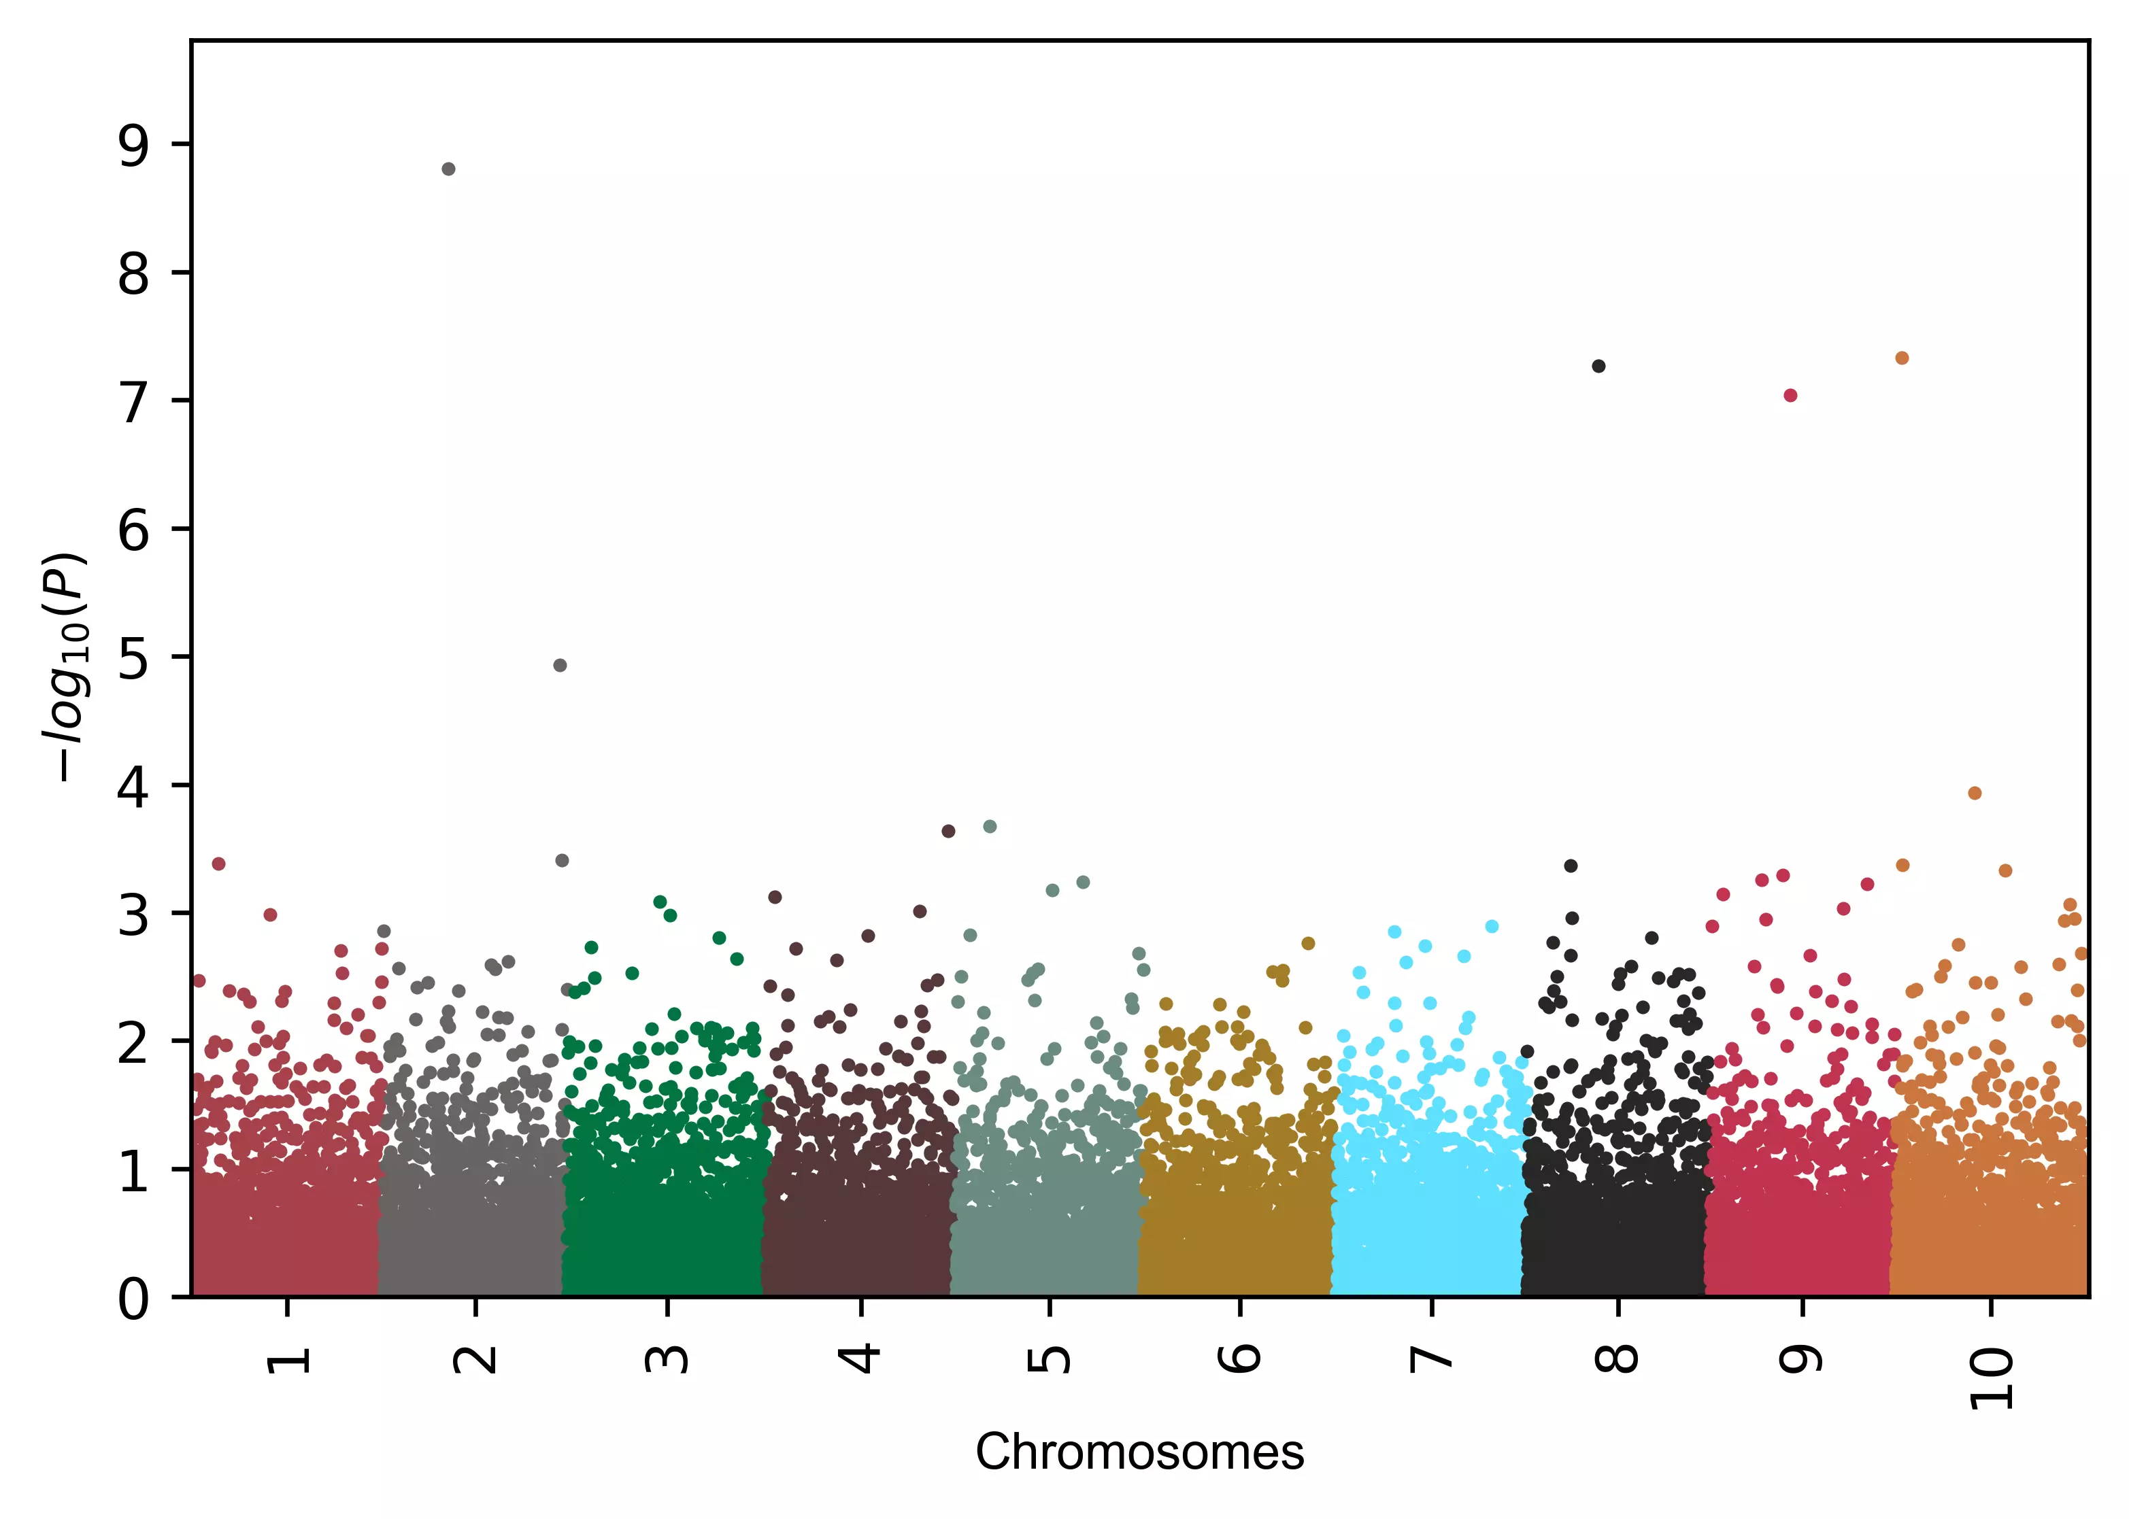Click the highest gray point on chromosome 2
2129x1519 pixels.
point(448,169)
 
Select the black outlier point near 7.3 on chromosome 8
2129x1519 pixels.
point(1598,366)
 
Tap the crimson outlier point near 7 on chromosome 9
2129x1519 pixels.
point(1790,396)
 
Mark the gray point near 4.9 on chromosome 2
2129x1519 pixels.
point(560,666)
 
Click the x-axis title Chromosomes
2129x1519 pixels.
point(1139,1452)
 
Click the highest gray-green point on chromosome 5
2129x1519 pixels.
point(990,827)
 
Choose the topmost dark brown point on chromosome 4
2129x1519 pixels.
point(948,832)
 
